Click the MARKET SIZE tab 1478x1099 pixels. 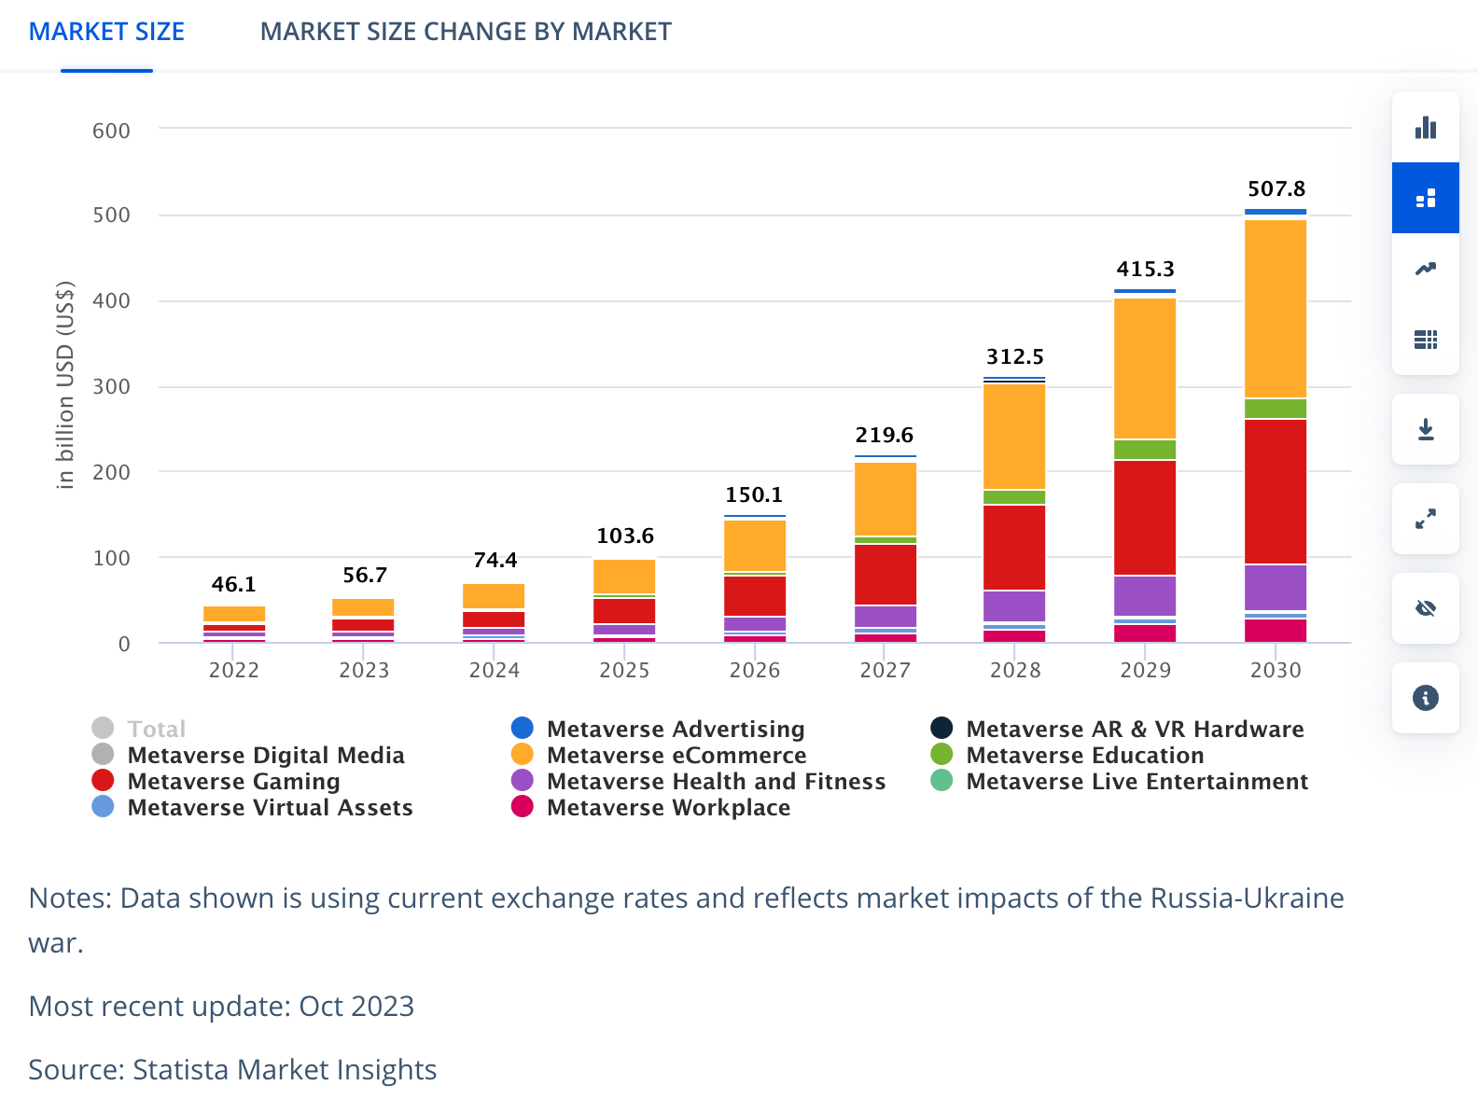[x=106, y=32]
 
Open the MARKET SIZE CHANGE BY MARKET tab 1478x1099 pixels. [x=465, y=32]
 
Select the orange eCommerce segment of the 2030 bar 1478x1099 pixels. [x=1276, y=308]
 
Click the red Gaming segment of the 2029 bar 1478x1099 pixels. [x=1145, y=517]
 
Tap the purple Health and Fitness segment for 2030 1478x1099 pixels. [x=1276, y=587]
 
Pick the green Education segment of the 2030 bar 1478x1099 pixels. [x=1276, y=409]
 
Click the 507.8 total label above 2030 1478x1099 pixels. [x=1276, y=188]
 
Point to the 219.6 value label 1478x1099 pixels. [x=885, y=435]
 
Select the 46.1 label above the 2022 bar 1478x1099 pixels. [x=233, y=584]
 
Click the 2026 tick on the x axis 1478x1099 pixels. [x=755, y=670]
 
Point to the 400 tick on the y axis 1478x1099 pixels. [x=111, y=300]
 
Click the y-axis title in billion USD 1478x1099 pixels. [x=64, y=384]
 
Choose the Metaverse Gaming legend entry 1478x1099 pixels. [x=233, y=781]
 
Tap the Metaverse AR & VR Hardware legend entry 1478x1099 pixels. [x=1135, y=729]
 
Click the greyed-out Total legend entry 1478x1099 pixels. [x=156, y=729]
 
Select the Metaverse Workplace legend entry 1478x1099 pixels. [x=668, y=807]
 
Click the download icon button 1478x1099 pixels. [x=1425, y=429]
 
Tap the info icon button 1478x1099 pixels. [x=1425, y=698]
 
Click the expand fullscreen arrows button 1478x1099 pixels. [x=1425, y=519]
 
